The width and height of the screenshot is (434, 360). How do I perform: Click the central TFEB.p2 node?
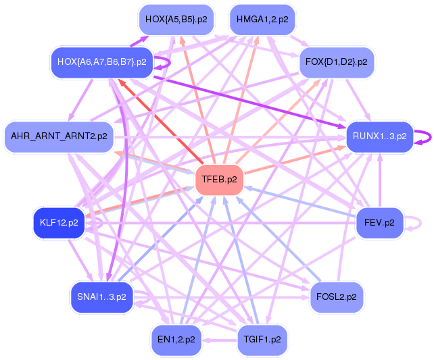[x=219, y=180]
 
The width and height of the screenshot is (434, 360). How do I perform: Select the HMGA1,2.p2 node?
[x=262, y=20]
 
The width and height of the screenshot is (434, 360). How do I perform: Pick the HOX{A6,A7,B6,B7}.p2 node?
[x=101, y=62]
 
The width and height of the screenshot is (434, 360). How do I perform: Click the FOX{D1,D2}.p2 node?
[x=337, y=62]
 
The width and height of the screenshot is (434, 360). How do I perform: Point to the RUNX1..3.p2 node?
[x=379, y=136]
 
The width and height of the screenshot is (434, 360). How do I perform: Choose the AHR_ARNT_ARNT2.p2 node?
[x=59, y=136]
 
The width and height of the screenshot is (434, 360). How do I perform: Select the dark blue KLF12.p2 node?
[x=59, y=222]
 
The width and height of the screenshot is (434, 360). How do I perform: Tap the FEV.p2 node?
[x=379, y=222]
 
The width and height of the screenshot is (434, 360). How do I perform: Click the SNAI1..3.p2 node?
[x=101, y=297]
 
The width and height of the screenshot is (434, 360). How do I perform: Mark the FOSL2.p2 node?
[x=337, y=297]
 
